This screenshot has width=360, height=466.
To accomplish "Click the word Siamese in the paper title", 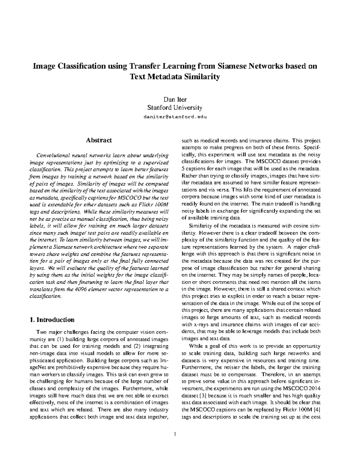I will coord(231,66).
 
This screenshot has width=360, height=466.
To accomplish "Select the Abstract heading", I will coord(99,140).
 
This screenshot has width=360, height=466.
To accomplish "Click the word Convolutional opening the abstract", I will coord(52,155).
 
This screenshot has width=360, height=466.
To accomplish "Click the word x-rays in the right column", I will coord(199,324).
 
